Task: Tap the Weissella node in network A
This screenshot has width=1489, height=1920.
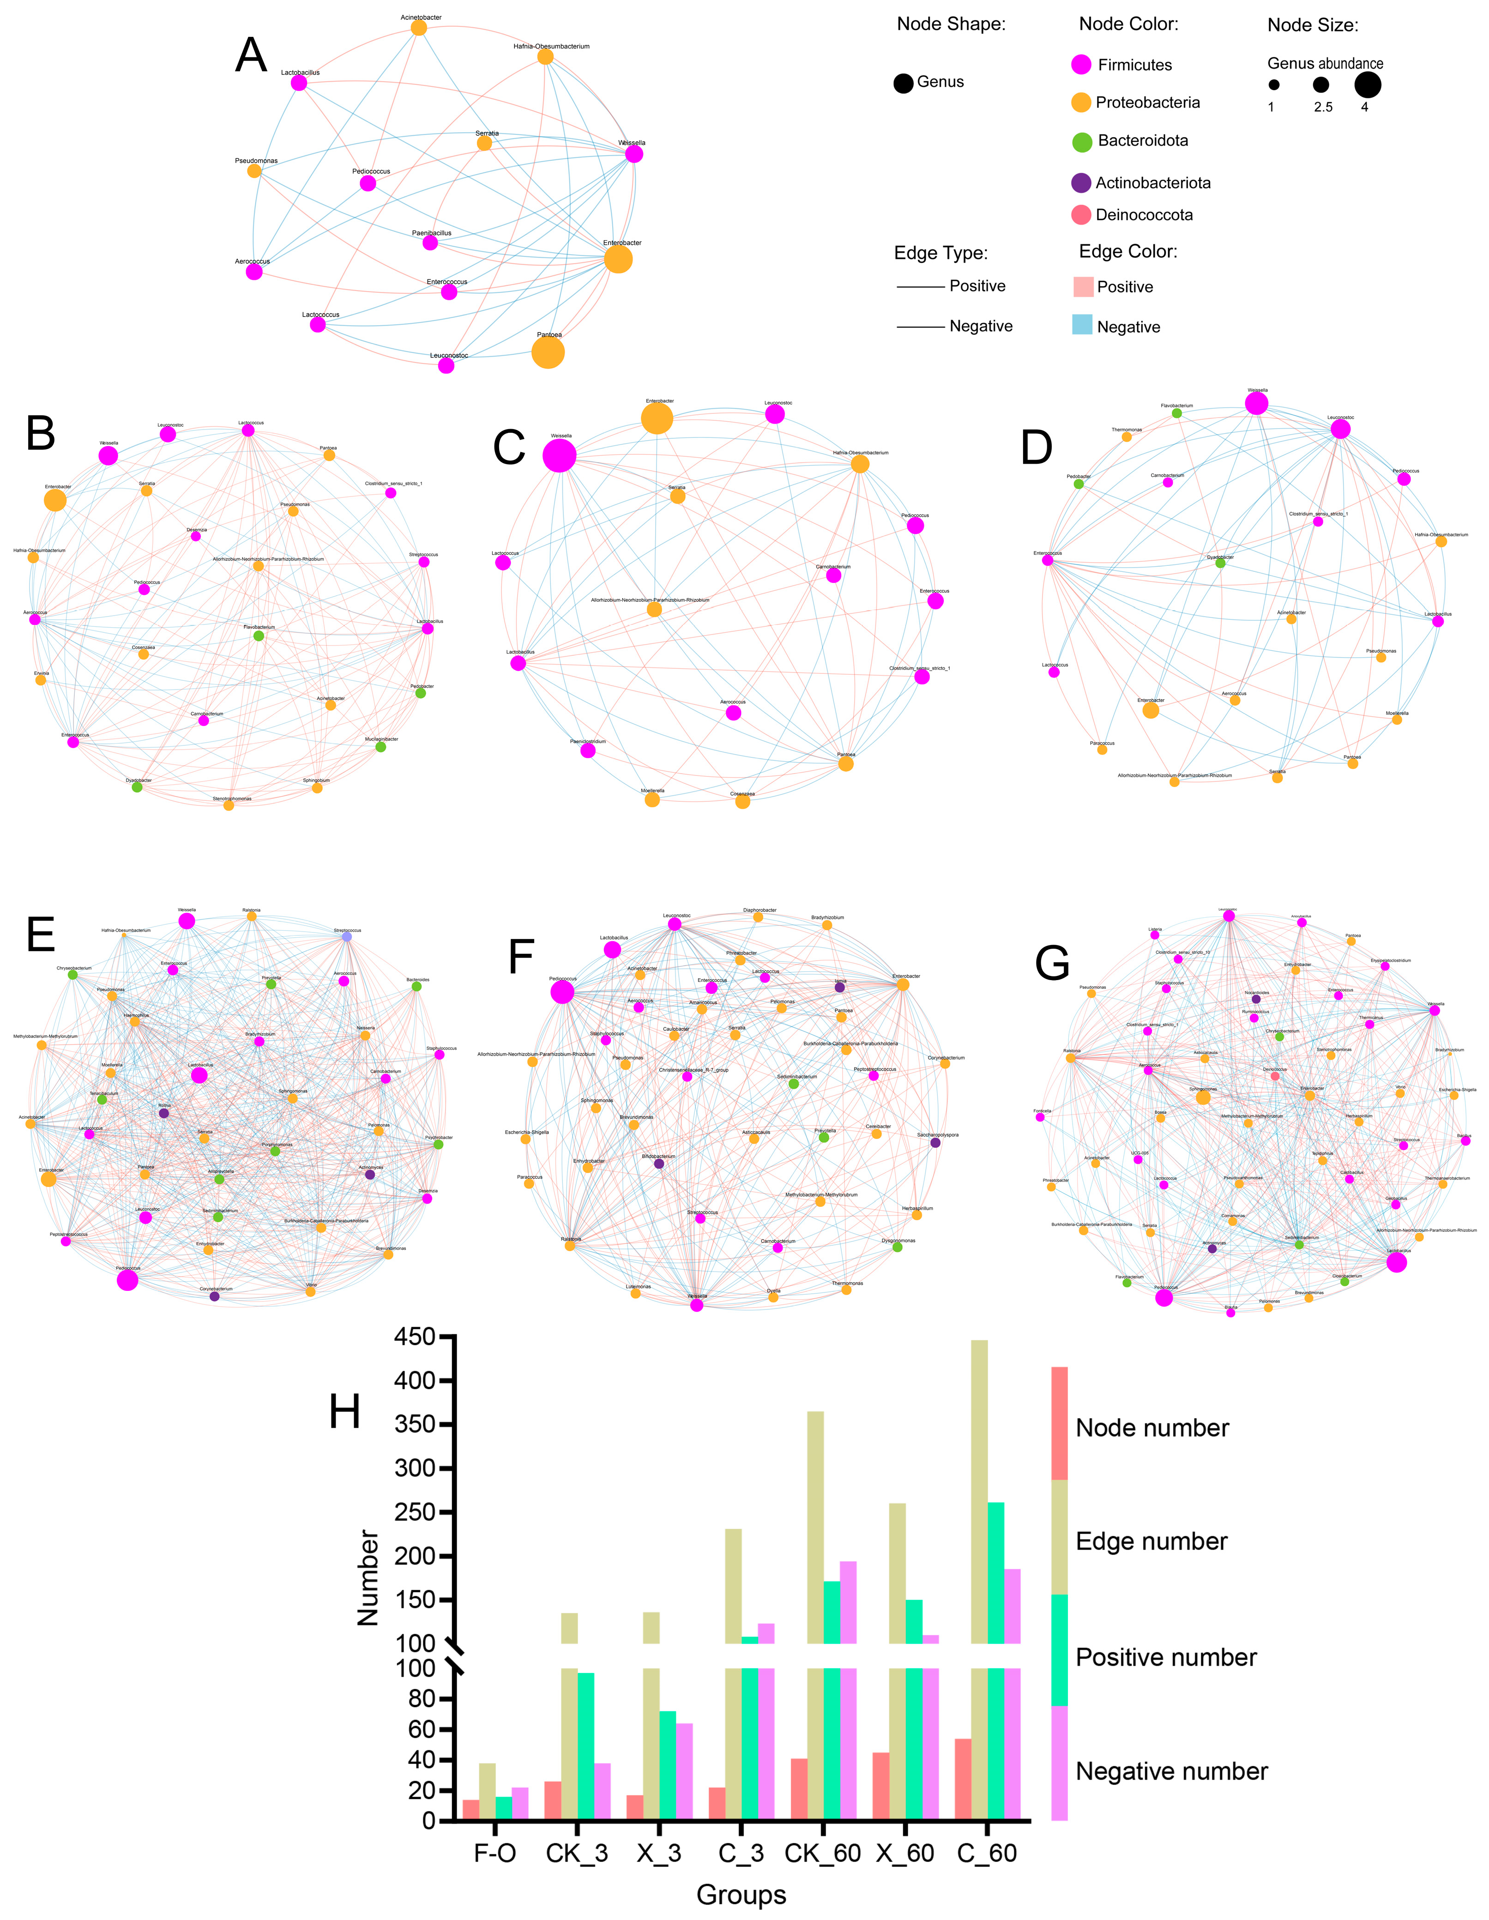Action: (x=634, y=154)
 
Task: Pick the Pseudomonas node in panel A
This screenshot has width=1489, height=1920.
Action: (x=254, y=170)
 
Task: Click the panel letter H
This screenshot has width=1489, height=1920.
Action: (x=344, y=1413)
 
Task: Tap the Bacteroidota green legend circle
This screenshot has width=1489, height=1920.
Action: (x=1082, y=141)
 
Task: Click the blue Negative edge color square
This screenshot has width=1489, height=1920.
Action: (x=1082, y=325)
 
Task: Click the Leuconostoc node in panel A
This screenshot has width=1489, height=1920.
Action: (x=446, y=365)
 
